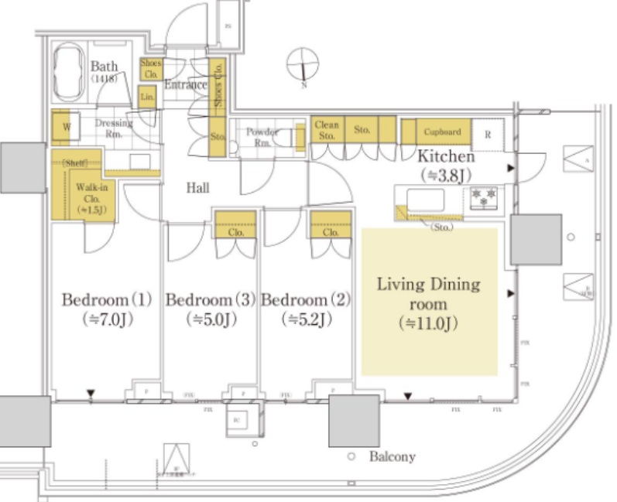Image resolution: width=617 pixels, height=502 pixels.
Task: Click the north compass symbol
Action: (x=303, y=65)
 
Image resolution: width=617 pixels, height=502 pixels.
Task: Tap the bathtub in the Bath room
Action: (x=71, y=71)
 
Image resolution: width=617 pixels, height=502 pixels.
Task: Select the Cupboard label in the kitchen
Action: (x=442, y=132)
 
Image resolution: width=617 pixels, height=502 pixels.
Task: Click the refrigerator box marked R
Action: (x=487, y=133)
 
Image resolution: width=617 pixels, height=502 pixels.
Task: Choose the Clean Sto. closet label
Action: (x=327, y=130)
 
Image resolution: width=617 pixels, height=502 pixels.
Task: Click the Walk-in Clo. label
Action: (x=91, y=198)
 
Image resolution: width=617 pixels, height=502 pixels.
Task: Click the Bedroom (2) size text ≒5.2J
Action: (x=307, y=319)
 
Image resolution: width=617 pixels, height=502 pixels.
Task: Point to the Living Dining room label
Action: (x=428, y=294)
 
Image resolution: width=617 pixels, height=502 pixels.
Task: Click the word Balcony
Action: (x=392, y=457)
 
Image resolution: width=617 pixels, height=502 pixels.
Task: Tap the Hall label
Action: (x=198, y=187)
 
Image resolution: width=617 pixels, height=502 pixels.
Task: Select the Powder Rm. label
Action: (x=262, y=137)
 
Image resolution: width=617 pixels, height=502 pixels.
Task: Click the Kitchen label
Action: (x=447, y=157)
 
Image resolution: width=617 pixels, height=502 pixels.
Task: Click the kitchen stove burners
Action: (x=483, y=197)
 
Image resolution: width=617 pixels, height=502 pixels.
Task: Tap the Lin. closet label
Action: (x=148, y=97)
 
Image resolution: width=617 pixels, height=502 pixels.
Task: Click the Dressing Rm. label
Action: (x=114, y=128)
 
